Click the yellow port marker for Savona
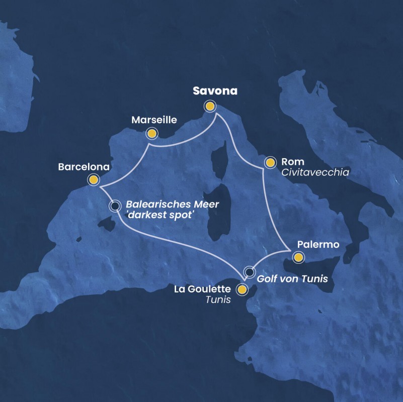(209, 106)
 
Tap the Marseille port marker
(151, 133)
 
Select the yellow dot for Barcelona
(93, 179)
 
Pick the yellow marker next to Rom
(270, 162)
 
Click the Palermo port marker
(298, 257)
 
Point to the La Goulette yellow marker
(243, 289)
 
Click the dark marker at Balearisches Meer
(115, 206)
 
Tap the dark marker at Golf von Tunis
(249, 272)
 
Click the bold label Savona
(215, 91)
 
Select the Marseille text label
(154, 120)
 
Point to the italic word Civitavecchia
(315, 172)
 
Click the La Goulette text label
(202, 289)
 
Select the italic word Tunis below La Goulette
(218, 300)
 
